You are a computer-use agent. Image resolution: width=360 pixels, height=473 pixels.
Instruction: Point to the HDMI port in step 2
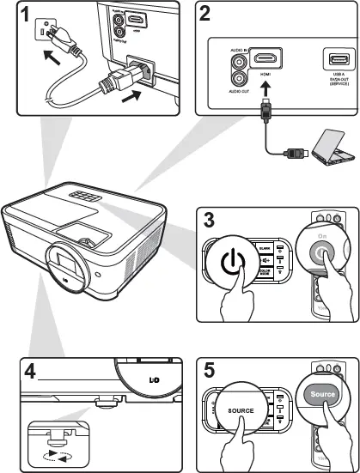click(266, 60)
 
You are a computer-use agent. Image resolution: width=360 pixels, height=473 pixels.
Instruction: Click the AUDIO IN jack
click(237, 62)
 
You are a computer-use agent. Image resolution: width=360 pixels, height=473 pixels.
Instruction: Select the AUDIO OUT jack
click(237, 77)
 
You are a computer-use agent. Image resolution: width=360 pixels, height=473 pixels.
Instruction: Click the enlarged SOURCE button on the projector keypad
click(241, 409)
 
